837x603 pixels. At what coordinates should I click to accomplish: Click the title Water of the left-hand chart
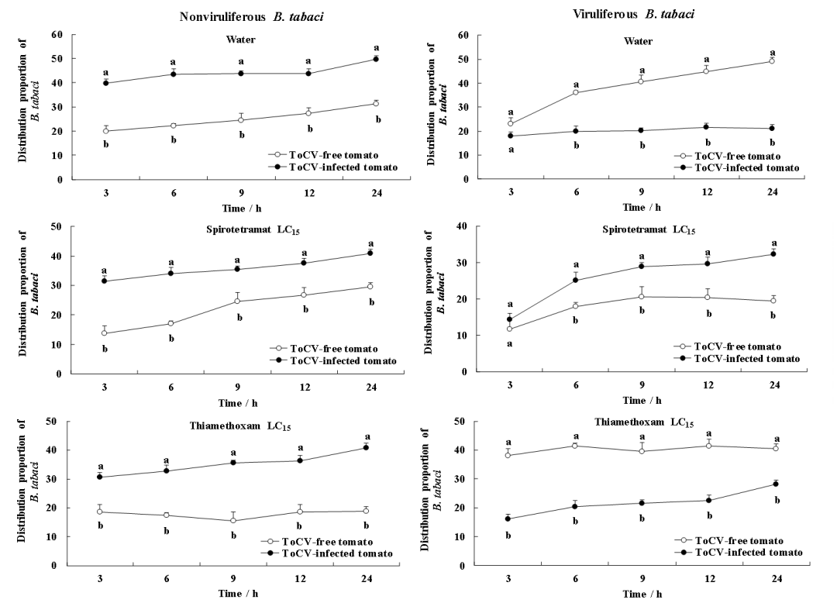(x=241, y=40)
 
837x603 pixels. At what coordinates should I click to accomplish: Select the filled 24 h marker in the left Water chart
(x=376, y=59)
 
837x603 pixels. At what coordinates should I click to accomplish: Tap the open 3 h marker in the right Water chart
(x=511, y=123)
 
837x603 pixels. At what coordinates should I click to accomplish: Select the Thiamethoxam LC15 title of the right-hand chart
(x=644, y=422)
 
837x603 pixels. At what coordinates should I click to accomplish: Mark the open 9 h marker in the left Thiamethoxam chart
(x=233, y=521)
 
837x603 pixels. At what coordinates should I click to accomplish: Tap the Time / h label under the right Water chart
(x=642, y=208)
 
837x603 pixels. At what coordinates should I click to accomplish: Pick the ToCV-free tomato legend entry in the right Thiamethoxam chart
(x=739, y=540)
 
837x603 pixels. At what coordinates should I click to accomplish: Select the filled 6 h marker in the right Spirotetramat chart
(x=576, y=280)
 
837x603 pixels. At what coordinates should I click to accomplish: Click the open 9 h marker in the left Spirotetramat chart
(x=238, y=301)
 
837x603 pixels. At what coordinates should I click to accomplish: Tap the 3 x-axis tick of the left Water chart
(x=105, y=193)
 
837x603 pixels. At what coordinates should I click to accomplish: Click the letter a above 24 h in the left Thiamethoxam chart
(x=367, y=437)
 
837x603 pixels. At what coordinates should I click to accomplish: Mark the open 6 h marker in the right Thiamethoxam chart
(x=575, y=446)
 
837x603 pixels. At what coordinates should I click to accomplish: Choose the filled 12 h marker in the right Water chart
(x=707, y=127)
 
